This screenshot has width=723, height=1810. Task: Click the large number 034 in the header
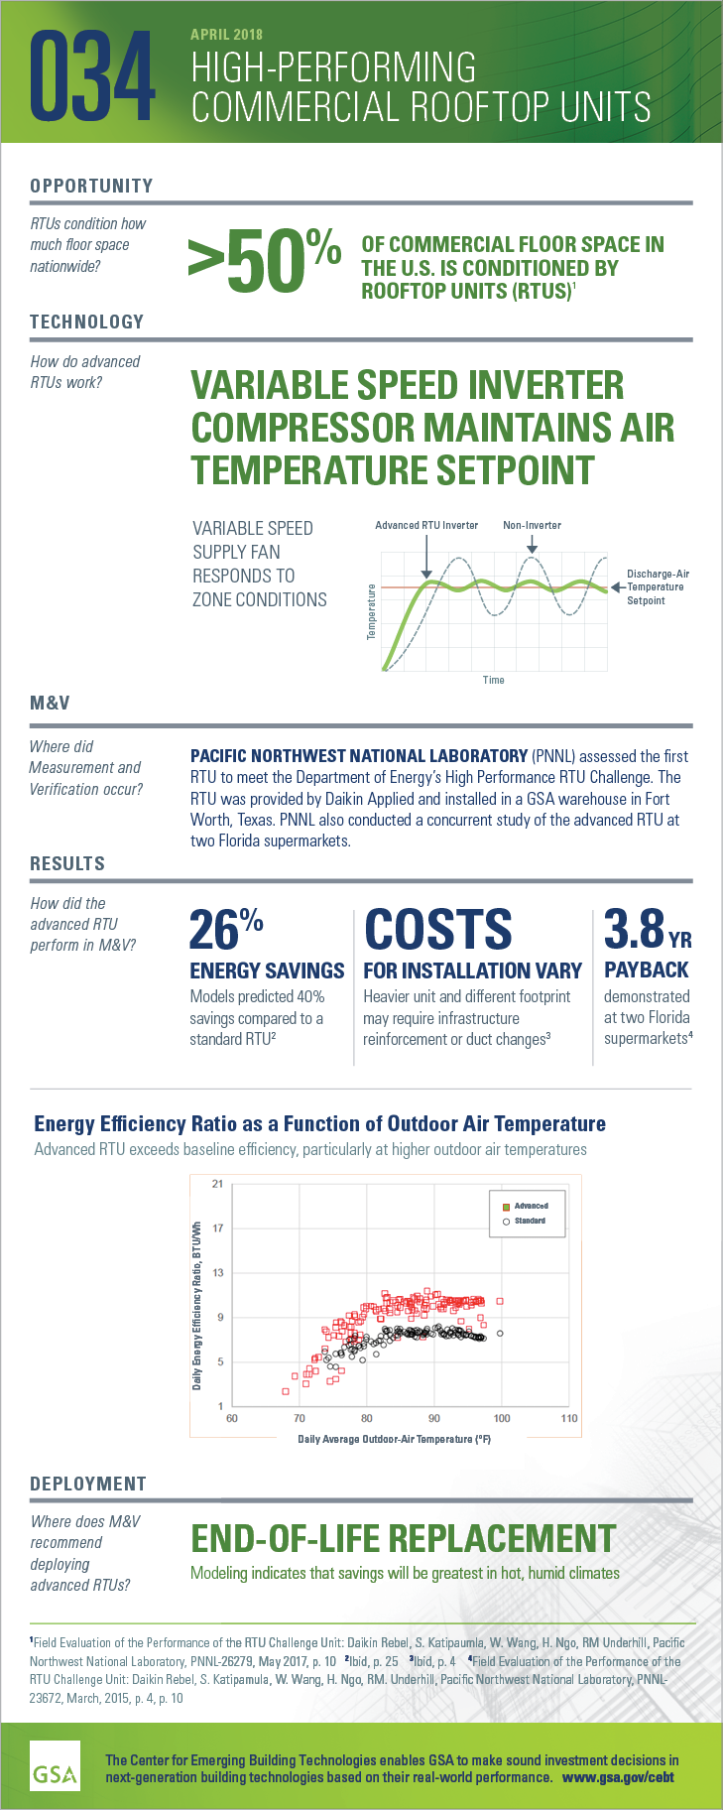point(93,77)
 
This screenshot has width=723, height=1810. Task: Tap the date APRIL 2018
point(226,35)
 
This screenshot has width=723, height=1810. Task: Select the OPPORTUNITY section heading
point(91,186)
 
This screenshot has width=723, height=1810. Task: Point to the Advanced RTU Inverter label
point(426,525)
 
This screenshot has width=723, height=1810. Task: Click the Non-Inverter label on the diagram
point(532,525)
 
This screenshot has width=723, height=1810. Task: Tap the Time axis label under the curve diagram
point(493,680)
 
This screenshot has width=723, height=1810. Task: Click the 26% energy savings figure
point(226,930)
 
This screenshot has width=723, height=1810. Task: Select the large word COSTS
point(438,931)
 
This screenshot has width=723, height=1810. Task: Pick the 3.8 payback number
point(635,930)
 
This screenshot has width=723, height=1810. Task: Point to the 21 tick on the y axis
point(217,1184)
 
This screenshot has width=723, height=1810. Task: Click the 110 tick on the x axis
point(569,1418)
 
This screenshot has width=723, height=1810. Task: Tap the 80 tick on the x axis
point(367,1418)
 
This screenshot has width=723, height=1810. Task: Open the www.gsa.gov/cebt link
point(618,1776)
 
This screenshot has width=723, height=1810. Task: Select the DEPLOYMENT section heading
point(88,1484)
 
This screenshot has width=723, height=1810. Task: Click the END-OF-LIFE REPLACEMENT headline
point(404,1539)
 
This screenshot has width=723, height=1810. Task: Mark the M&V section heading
point(50,704)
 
